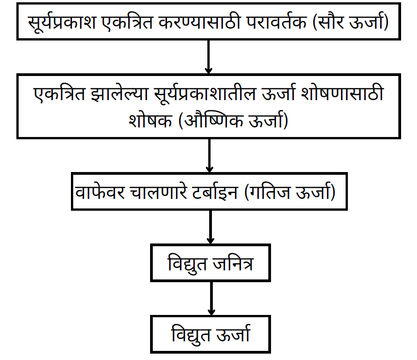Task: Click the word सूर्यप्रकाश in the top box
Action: [62, 22]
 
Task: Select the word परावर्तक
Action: [276, 21]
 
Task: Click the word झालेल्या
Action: [120, 94]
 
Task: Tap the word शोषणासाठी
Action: [342, 93]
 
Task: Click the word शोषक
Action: [150, 121]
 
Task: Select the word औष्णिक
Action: [214, 120]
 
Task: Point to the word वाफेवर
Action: [100, 192]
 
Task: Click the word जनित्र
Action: [233, 263]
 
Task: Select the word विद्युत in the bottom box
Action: [191, 335]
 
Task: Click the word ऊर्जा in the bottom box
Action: [233, 334]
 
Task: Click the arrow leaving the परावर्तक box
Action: [208, 57]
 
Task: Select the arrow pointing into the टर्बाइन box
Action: [210, 156]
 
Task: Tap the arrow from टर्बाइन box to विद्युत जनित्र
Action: [211, 227]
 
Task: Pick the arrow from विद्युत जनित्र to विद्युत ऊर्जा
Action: [211, 299]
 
